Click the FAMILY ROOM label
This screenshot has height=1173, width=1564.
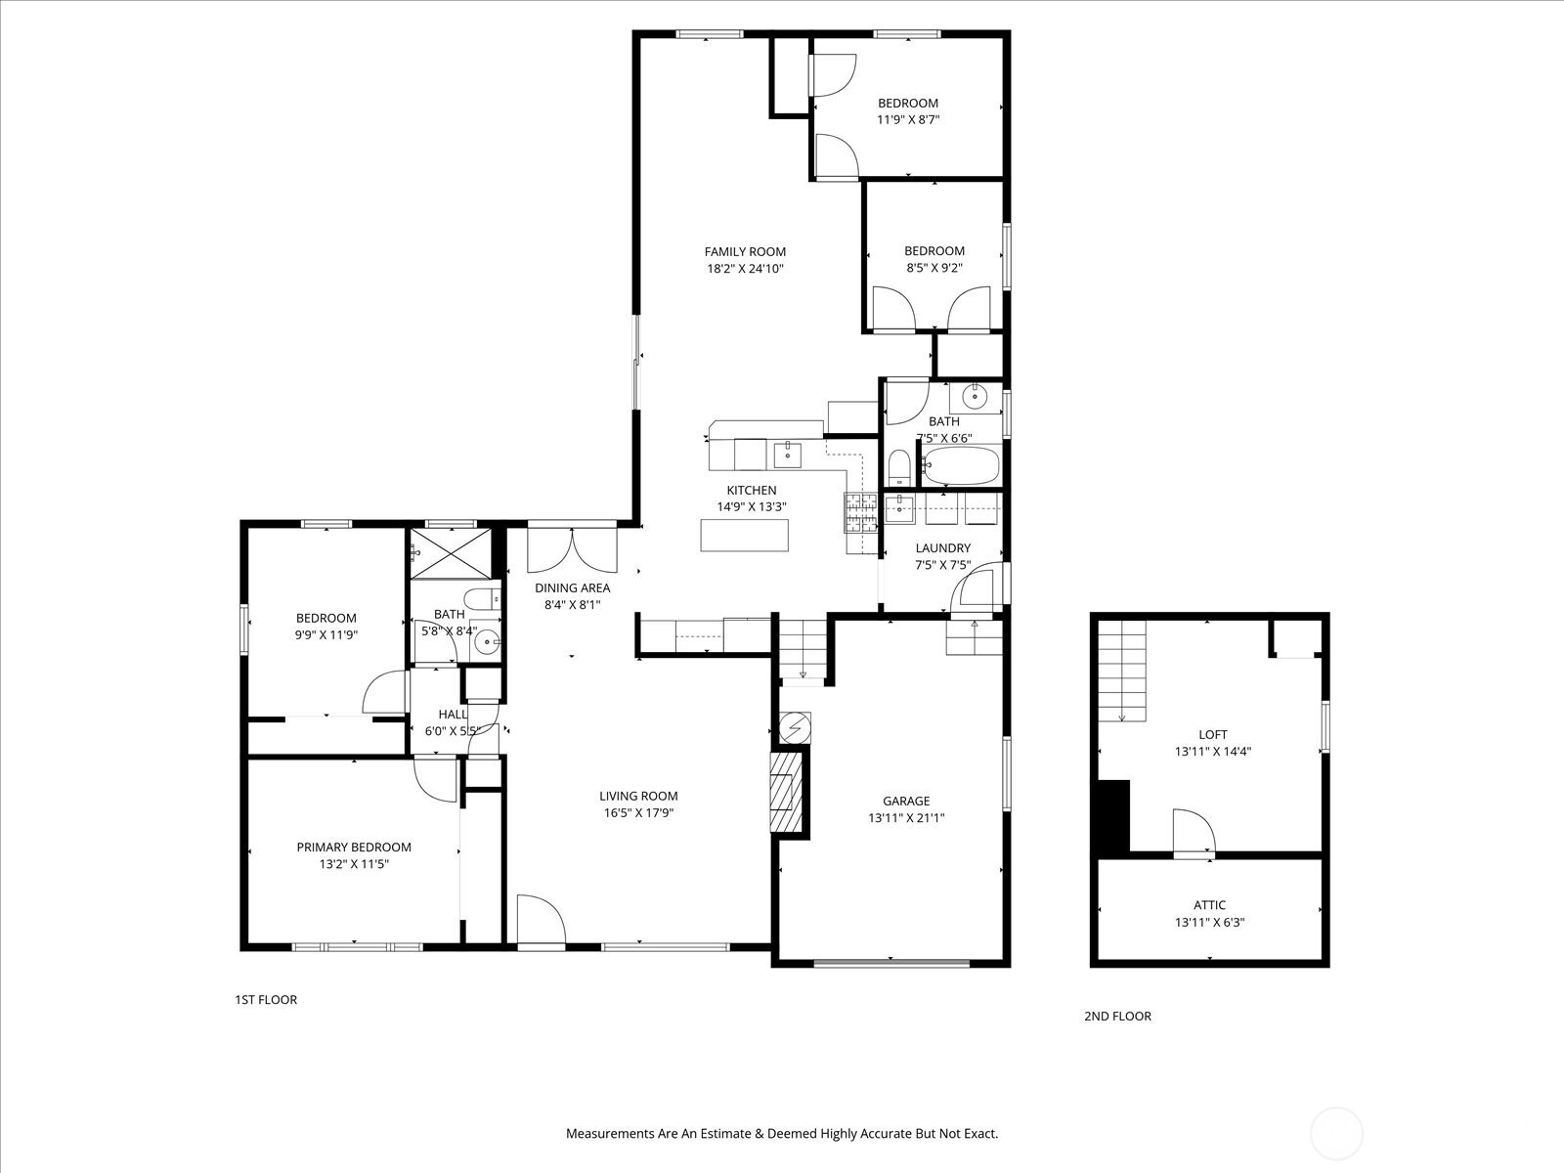pos(745,251)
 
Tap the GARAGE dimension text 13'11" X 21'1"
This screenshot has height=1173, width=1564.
pos(906,818)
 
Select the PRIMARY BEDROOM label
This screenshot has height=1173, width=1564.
pos(354,847)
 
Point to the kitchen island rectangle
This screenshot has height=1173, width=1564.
pos(745,535)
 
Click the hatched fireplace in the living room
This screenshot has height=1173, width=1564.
pos(787,792)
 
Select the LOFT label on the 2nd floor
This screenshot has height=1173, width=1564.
pos(1213,734)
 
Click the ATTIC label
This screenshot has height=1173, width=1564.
pos(1210,905)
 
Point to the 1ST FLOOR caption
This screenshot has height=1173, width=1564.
pos(266,1000)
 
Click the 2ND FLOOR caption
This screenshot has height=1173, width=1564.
pos(1117,1017)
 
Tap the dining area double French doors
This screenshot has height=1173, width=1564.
pos(572,549)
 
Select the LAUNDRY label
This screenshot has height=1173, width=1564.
pos(942,548)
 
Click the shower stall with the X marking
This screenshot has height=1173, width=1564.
pos(451,553)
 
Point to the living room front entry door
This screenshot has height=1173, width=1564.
pos(541,921)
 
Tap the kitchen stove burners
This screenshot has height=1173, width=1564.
pos(860,512)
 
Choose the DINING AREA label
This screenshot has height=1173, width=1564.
pos(572,588)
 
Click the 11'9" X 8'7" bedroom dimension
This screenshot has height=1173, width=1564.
pos(908,119)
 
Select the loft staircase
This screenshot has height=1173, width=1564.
pos(1121,671)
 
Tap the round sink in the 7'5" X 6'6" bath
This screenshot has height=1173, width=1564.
pos(974,395)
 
